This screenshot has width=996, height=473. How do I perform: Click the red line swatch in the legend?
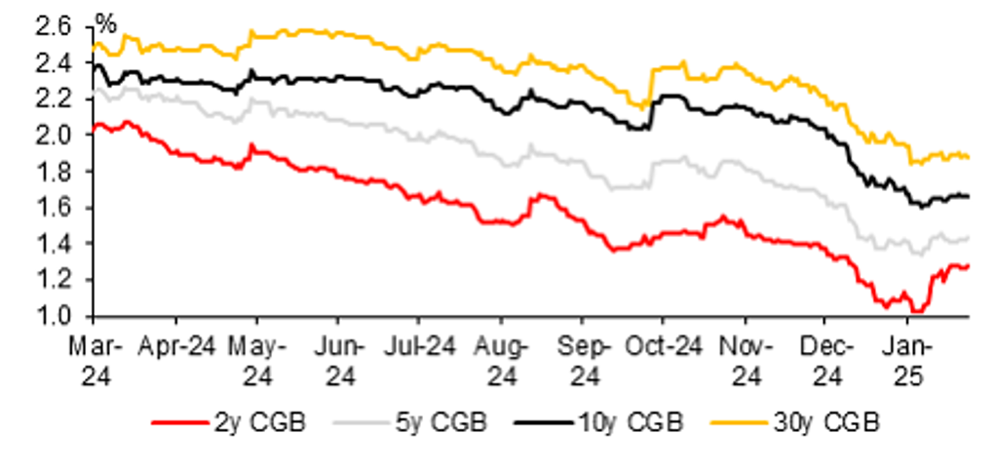(x=182, y=423)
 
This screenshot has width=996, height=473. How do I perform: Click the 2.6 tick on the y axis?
(x=55, y=26)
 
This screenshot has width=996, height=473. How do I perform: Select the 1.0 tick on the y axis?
(x=55, y=316)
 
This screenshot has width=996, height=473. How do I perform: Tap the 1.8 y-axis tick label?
(x=55, y=171)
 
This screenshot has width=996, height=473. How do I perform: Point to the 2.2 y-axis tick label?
(x=55, y=99)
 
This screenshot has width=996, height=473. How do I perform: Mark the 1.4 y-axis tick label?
(x=55, y=244)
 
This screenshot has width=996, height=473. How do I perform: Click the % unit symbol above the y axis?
(x=103, y=20)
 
